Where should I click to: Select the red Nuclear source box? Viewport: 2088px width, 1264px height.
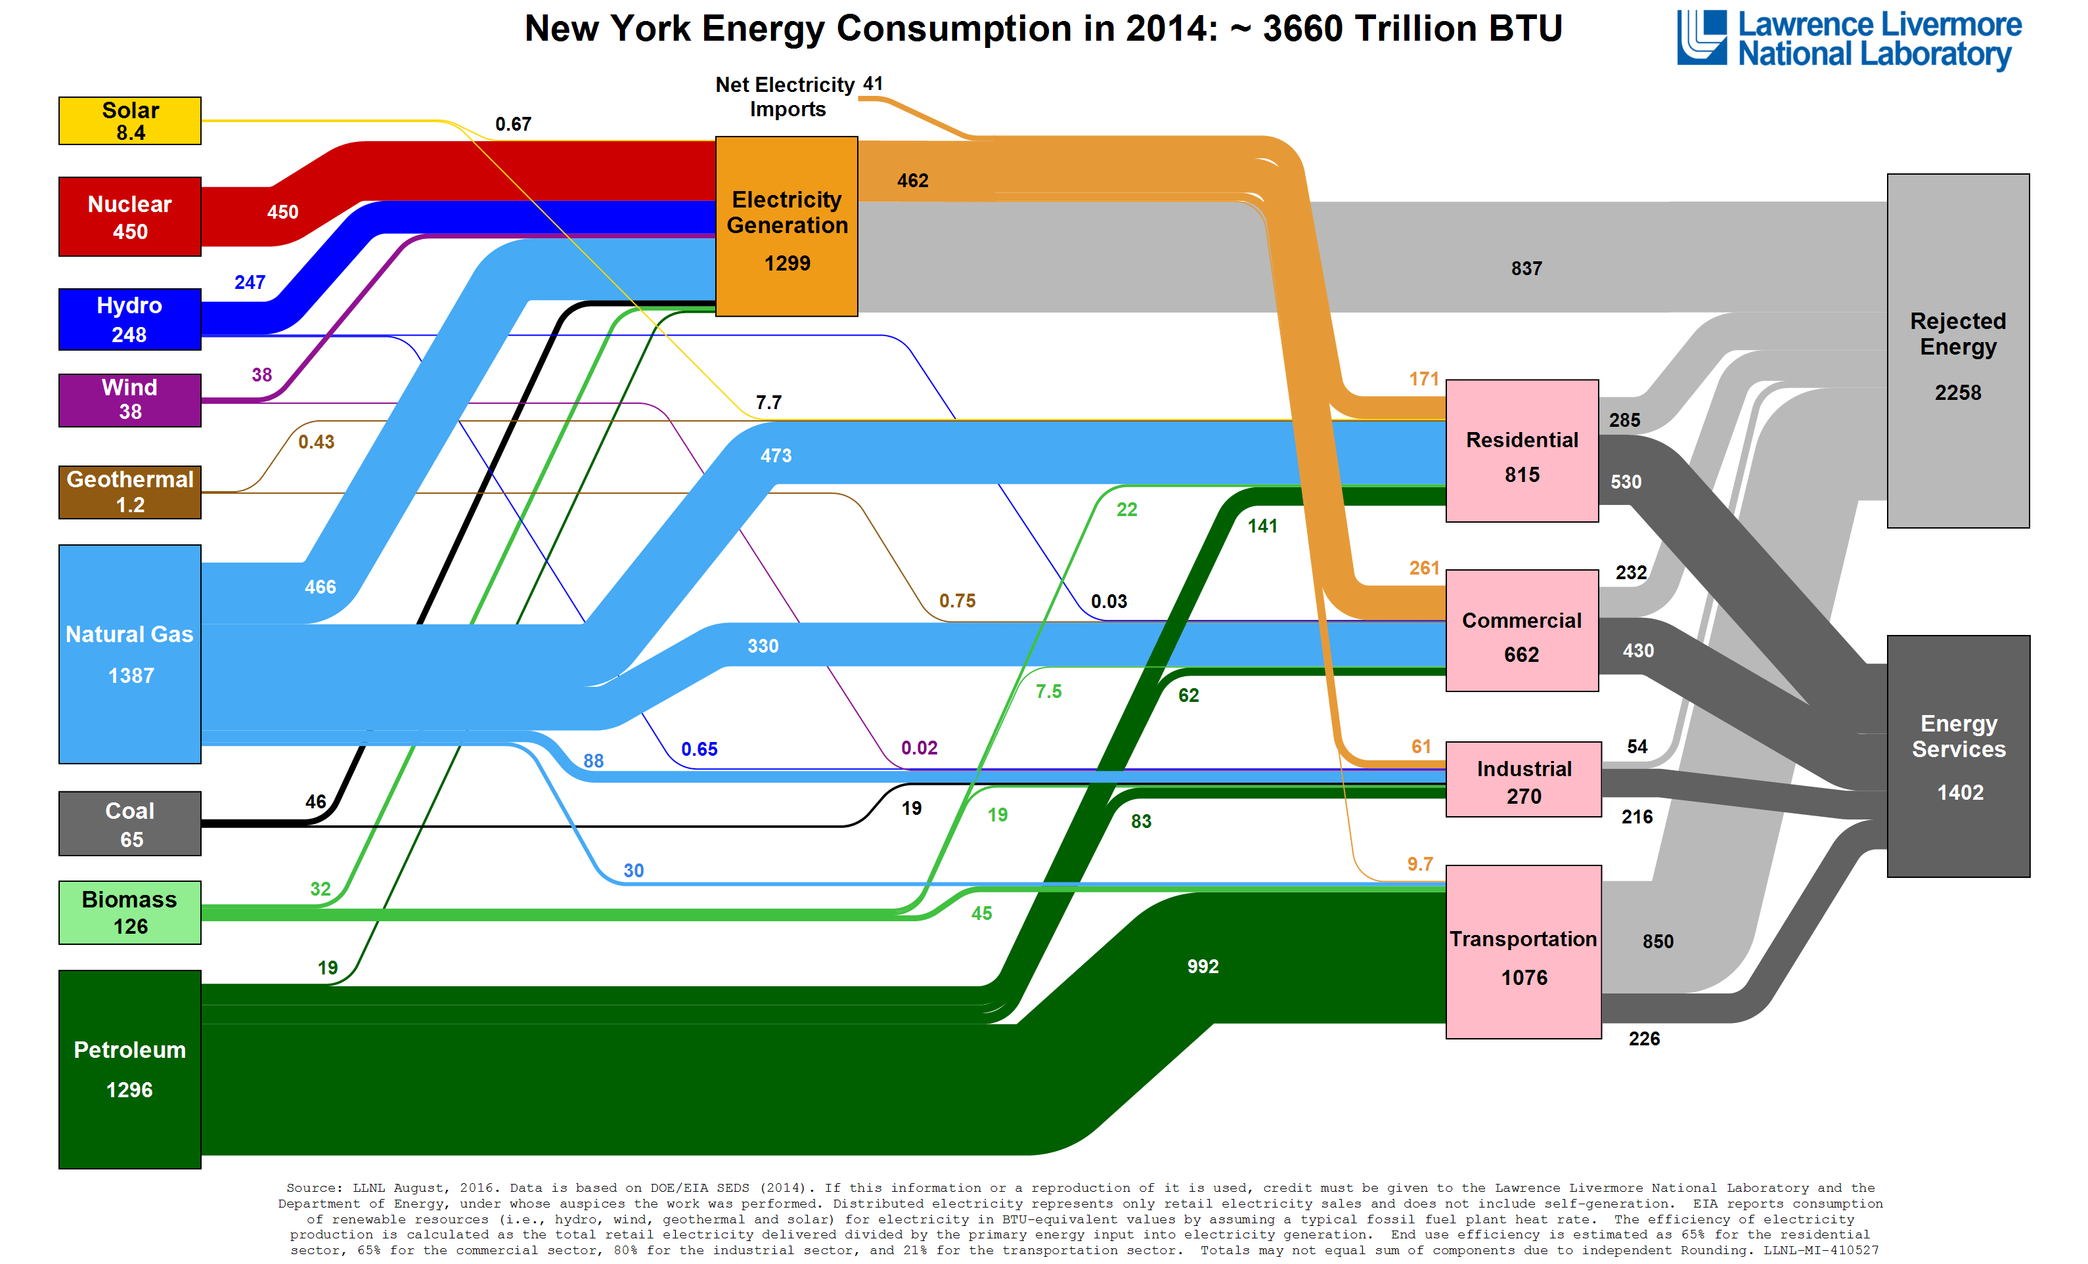129,217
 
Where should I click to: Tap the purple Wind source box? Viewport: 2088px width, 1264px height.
129,400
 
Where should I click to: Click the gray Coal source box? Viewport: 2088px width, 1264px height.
129,823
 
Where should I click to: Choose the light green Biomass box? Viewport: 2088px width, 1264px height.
129,913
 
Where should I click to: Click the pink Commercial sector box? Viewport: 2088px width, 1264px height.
1522,631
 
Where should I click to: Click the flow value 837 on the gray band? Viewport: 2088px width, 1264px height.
1526,269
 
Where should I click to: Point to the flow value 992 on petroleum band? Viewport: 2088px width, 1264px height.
1203,967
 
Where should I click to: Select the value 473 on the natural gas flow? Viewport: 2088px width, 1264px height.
776,456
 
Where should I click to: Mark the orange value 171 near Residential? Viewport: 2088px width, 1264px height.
1424,380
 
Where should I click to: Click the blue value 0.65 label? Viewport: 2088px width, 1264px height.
699,750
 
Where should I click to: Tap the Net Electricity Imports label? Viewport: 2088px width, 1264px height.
786,97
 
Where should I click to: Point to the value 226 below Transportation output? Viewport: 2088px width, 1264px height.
1644,1039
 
